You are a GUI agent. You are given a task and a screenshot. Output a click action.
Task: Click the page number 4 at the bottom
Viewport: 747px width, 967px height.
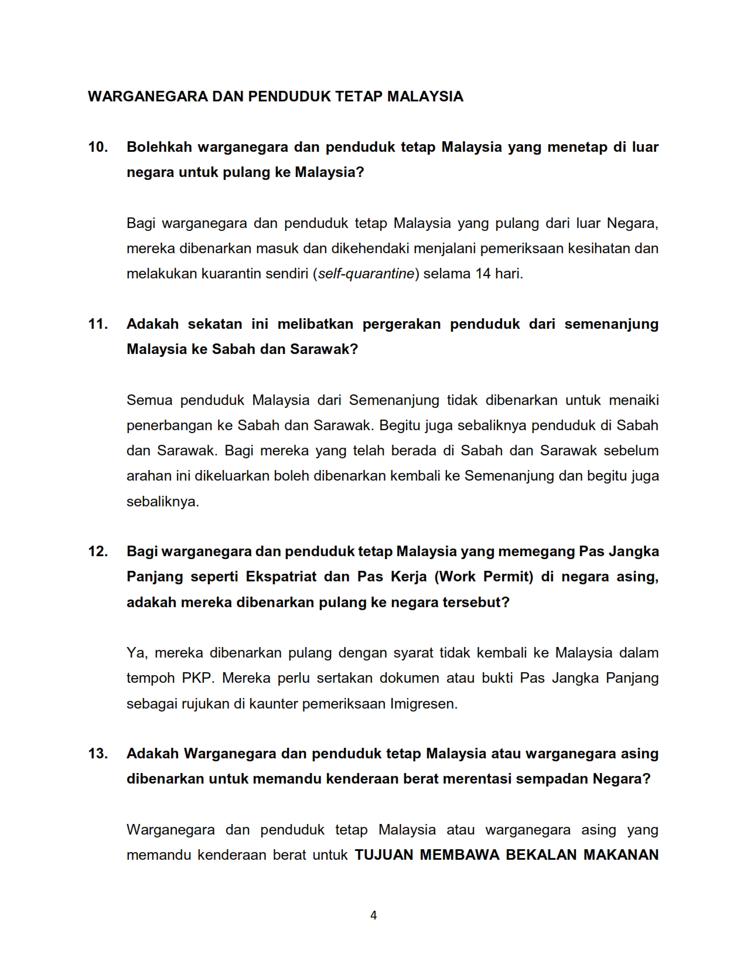(374, 915)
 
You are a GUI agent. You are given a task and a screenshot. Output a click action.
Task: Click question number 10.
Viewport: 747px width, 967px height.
(98, 147)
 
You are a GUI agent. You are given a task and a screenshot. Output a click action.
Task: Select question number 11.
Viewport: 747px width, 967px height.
(98, 324)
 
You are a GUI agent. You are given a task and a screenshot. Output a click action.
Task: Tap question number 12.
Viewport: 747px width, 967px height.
(98, 551)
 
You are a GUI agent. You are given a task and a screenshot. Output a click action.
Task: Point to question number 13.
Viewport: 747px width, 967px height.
(98, 754)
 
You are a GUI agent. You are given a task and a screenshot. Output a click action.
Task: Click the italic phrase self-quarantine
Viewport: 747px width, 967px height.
(366, 274)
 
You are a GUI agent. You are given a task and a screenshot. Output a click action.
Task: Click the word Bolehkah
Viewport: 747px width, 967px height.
(159, 147)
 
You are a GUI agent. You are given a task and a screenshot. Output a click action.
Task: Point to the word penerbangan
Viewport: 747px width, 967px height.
(169, 425)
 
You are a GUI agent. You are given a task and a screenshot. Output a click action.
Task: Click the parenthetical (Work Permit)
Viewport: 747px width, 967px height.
(484, 577)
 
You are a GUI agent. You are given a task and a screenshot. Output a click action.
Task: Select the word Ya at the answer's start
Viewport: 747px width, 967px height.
(135, 653)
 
